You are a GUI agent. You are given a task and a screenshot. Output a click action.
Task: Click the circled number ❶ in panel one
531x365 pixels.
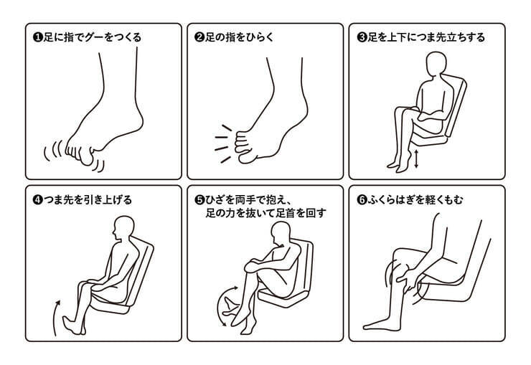pos(38,37)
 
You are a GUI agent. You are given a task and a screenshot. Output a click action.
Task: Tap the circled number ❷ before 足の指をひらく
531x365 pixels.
pos(199,37)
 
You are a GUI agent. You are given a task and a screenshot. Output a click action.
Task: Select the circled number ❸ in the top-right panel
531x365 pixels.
pos(362,37)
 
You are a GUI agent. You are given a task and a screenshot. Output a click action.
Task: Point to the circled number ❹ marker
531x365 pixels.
pos(38,200)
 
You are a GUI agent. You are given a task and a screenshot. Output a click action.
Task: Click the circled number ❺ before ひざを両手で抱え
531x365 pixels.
pos(199,200)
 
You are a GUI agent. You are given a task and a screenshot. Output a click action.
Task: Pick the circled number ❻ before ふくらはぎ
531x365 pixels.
pos(362,200)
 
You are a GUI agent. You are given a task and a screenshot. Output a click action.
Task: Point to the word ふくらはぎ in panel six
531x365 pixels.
pos(392,200)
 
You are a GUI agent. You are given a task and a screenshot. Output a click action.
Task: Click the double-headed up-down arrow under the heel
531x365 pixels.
pos(416,159)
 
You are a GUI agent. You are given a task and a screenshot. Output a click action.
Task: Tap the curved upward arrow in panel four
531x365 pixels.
pos(56,316)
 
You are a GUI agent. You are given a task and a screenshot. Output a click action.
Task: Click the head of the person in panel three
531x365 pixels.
pos(436,65)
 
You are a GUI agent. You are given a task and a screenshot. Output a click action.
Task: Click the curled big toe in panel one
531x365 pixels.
pos(87,157)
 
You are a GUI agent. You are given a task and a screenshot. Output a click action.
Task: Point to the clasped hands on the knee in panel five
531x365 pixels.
pos(253,266)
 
